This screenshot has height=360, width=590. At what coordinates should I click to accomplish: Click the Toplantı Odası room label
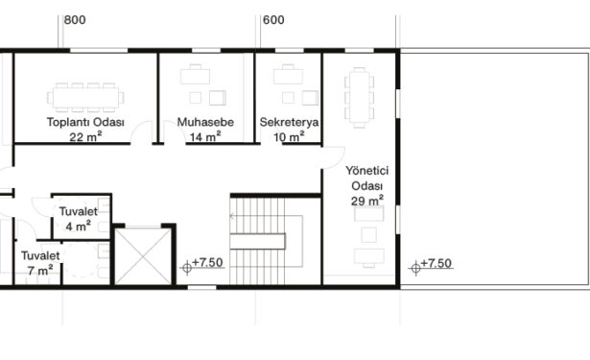pos(85,122)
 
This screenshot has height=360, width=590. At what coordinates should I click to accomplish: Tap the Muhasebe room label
pos(205,122)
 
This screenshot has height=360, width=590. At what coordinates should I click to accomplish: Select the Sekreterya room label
pos(289,122)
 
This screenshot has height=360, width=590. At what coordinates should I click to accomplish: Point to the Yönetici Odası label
pos(366,179)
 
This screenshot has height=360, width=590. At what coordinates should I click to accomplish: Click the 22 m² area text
pos(85,136)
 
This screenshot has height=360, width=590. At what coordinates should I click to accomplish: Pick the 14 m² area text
pos(205,136)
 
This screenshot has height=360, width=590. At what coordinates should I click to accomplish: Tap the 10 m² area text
pos(289,136)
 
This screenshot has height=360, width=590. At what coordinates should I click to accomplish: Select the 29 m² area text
pos(367,201)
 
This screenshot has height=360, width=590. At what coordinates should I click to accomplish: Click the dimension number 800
pos(75,20)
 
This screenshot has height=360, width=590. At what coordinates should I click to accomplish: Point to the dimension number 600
pos(273,20)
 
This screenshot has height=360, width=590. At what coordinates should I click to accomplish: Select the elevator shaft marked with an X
pos(143,256)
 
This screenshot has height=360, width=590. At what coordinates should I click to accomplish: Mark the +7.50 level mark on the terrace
pos(431,265)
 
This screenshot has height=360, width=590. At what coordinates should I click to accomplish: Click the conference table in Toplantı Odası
pos(85,98)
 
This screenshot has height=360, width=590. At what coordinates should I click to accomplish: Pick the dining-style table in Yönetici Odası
pos(360,98)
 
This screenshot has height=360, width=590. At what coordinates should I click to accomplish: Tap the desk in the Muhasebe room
pos(195,75)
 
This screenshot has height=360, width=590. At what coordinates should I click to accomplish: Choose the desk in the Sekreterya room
pos(288,75)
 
